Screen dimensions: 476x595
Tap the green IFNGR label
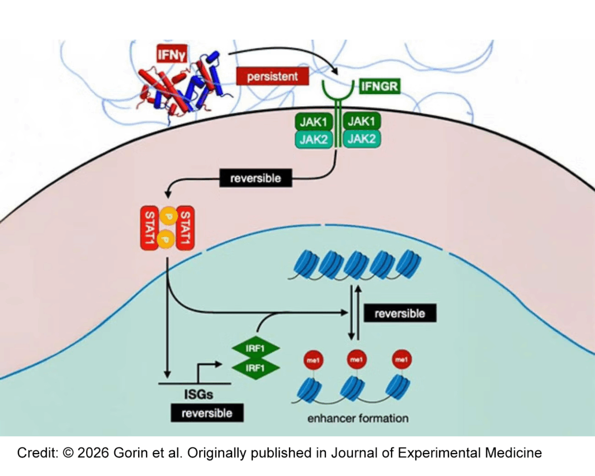(380, 88)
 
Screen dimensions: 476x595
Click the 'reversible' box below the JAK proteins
(255, 178)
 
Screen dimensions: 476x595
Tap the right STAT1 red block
(185, 228)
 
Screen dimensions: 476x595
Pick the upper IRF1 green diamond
(255, 349)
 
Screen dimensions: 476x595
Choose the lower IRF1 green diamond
(255, 367)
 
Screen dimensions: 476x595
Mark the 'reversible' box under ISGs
(207, 413)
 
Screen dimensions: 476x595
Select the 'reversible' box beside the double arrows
(400, 314)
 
